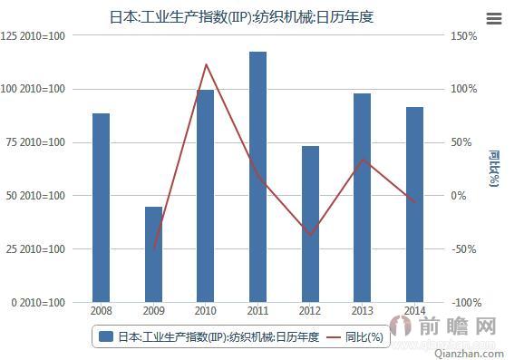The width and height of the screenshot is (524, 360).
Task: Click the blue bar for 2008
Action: coord(101,208)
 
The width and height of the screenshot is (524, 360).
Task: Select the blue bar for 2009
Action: coord(154,254)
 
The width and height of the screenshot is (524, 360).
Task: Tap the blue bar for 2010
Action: coord(206,196)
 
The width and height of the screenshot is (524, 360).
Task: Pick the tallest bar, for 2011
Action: coord(258,177)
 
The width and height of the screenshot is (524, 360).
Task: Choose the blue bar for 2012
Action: coord(310,224)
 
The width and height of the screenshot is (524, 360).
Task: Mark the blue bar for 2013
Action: coord(363,198)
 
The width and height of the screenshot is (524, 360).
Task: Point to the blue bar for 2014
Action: coord(414,204)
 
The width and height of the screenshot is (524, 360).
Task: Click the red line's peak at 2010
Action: coord(206,64)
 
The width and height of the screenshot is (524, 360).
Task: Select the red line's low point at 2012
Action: coord(310,235)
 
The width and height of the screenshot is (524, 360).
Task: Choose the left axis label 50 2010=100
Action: coord(35,196)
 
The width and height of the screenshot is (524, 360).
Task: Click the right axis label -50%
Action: coord(466,248)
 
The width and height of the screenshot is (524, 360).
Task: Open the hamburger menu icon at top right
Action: coord(494,17)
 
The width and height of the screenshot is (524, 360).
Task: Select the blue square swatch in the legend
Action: coord(105,336)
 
